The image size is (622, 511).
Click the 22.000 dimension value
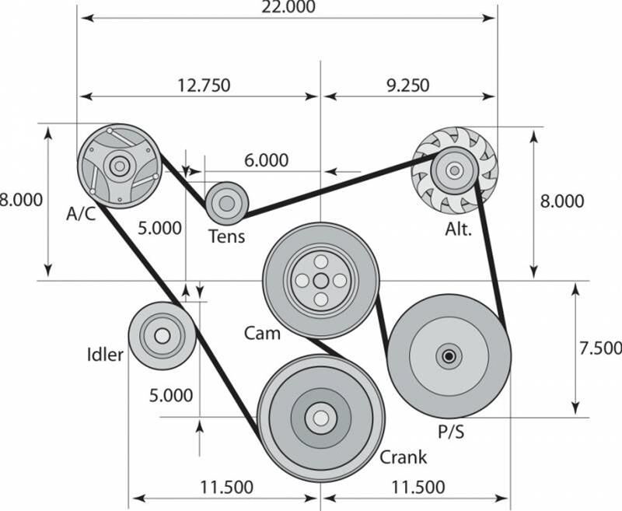(288, 6)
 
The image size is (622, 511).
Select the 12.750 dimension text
(204, 86)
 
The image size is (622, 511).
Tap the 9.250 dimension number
(408, 86)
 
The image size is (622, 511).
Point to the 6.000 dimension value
(266, 160)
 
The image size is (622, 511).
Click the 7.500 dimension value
(599, 348)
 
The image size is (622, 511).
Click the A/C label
(81, 214)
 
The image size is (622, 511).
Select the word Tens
(226, 236)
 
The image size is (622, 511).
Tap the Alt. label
(459, 229)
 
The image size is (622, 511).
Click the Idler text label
(105, 355)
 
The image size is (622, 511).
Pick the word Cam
(262, 333)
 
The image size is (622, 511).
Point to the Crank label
(403, 457)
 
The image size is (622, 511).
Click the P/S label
(451, 432)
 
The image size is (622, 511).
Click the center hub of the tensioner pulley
(227, 204)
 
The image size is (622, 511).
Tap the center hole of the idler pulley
(162, 336)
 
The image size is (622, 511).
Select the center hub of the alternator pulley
(455, 170)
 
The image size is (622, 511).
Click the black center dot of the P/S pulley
(449, 356)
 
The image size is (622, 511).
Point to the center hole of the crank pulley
(321, 418)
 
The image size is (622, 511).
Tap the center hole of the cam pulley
(321, 281)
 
